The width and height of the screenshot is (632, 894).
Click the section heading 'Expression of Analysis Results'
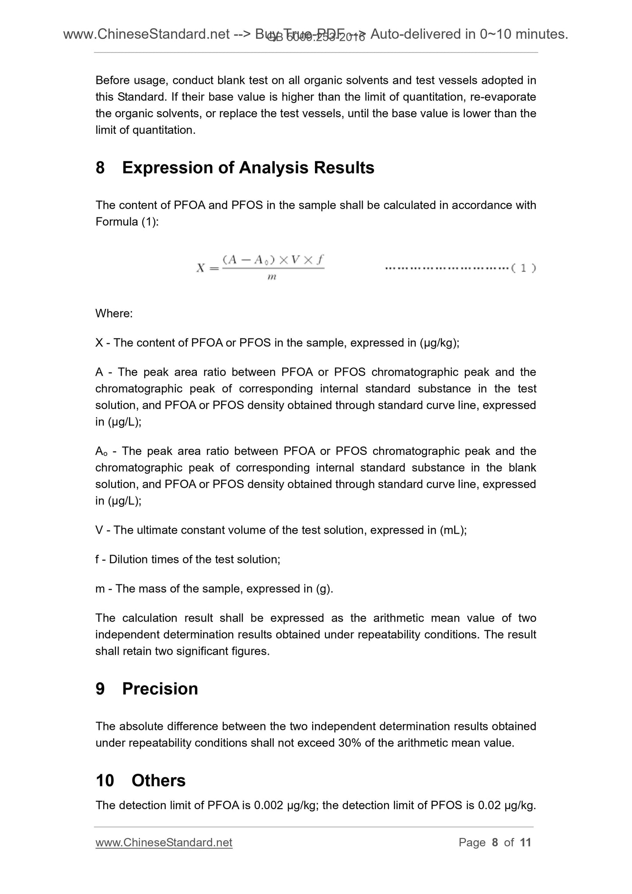point(248,168)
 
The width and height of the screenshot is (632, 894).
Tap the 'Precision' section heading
point(160,689)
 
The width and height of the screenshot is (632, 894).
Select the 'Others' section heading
point(158,781)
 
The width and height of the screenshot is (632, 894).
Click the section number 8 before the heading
point(100,168)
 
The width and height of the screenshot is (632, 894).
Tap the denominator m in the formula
point(272,277)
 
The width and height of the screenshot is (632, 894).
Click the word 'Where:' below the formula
point(114,314)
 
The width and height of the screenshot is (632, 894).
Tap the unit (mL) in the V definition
point(453,530)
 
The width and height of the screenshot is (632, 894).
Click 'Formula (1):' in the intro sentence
point(127,222)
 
